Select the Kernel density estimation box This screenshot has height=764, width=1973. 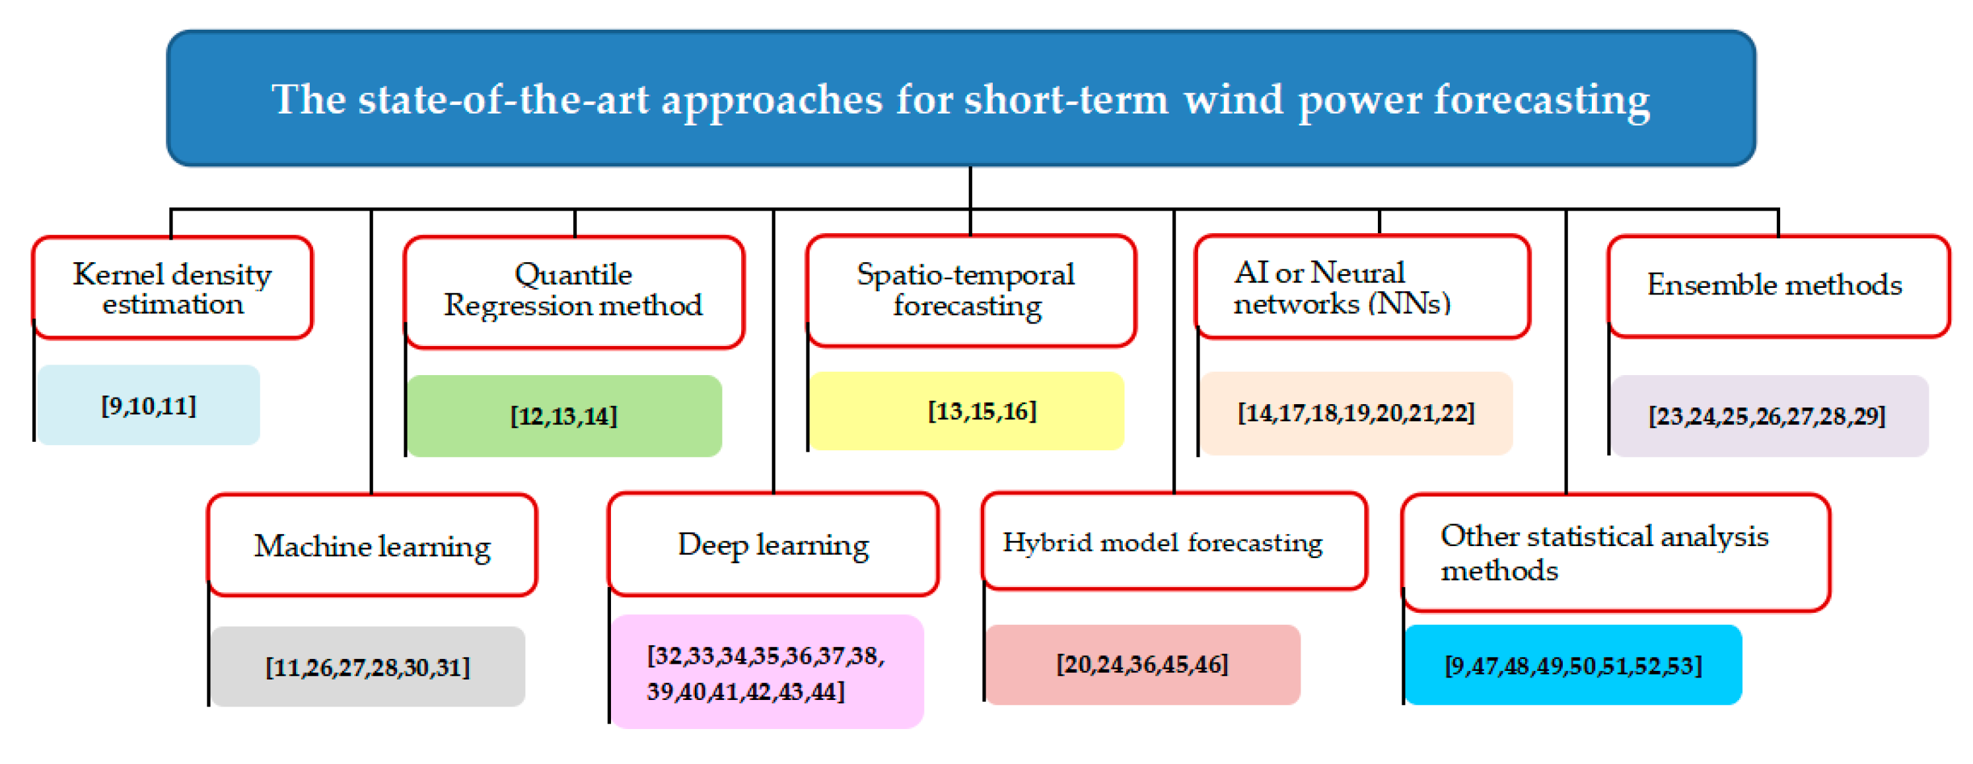click(172, 288)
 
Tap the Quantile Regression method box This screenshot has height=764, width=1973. click(574, 293)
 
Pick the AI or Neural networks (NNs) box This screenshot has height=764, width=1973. click(1363, 287)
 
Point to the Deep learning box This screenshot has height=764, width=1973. click(773, 544)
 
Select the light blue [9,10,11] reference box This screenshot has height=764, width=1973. click(149, 405)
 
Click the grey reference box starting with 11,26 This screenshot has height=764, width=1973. click(369, 667)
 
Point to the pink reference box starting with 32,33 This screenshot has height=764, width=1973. click(768, 672)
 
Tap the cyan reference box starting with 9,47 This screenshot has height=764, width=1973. click(1574, 665)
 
